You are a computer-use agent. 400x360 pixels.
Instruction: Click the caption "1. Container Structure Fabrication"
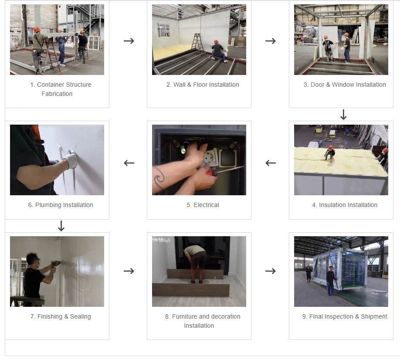pos(60,89)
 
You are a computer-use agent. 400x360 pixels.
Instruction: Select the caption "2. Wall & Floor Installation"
pos(203,85)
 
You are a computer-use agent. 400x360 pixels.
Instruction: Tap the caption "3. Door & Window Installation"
pos(344,85)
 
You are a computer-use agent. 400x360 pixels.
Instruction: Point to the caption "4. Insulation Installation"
pos(344,205)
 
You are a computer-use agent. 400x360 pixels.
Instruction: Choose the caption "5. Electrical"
pos(203,205)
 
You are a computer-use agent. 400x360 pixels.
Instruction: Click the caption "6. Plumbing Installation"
pos(61,205)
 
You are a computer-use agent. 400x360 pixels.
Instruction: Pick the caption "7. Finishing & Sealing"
pos(61,316)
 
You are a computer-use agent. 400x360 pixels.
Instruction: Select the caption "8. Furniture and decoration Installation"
pos(203,321)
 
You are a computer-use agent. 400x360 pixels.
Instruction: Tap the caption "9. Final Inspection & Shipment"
pos(344,316)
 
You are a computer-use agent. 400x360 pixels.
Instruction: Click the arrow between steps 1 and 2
pos(129,41)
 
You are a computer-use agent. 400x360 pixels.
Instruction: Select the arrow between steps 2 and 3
pos(271,41)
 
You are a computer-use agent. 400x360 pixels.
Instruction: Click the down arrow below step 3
pos(343,115)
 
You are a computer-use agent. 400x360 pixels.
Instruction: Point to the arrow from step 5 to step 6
pos(129,163)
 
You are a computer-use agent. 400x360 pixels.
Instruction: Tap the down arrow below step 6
pos(61,226)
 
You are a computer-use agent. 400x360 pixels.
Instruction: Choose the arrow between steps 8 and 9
pos(271,271)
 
